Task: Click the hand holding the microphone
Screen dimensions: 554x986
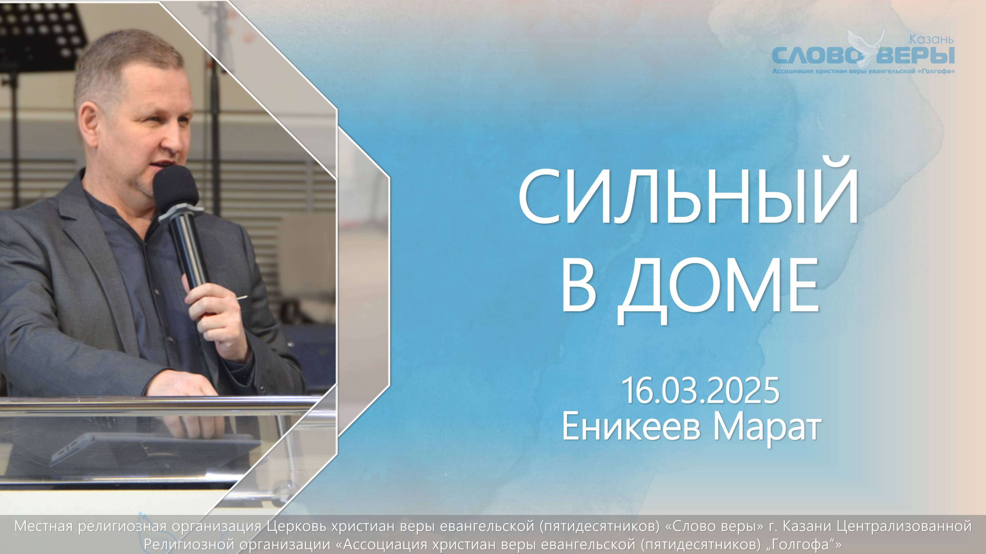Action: pyautogui.click(x=218, y=318)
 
